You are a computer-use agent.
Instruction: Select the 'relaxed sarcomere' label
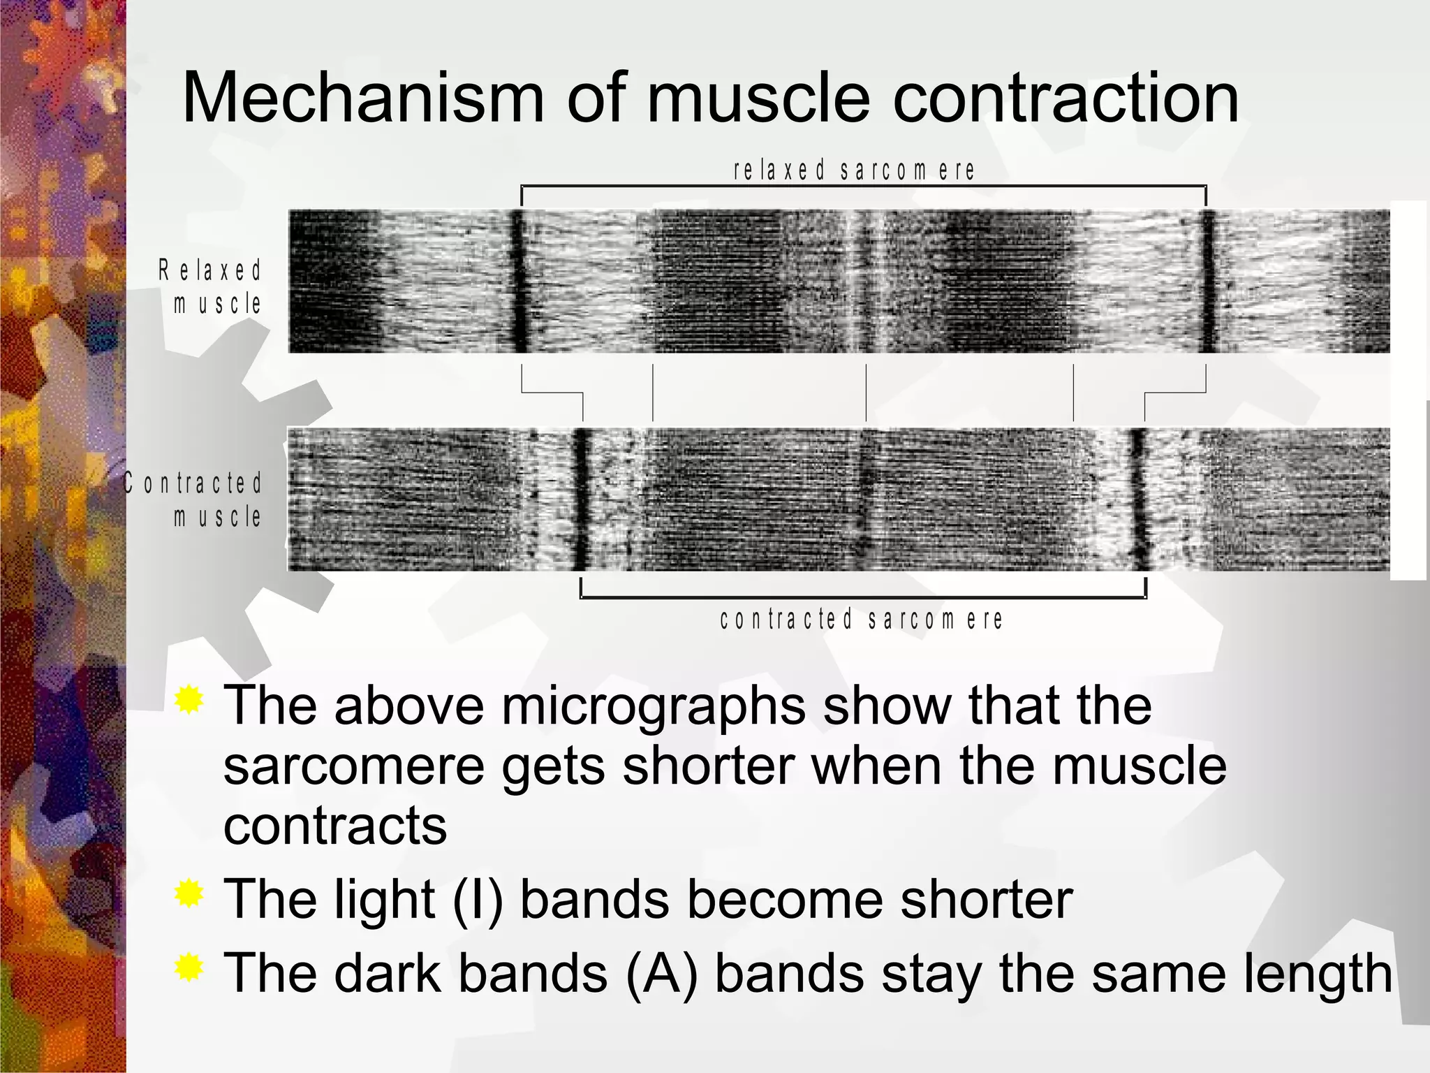(x=853, y=170)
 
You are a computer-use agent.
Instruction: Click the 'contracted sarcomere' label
(x=861, y=620)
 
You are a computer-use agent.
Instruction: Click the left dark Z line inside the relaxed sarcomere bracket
(x=519, y=281)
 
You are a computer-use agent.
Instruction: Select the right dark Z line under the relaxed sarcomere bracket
(x=1207, y=281)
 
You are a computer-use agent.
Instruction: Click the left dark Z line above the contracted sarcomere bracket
(x=580, y=499)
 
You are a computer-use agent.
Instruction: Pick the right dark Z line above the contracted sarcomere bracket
(x=1138, y=499)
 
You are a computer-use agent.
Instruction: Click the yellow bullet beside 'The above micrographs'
(x=189, y=700)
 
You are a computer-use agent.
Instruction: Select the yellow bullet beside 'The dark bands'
(x=189, y=969)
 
